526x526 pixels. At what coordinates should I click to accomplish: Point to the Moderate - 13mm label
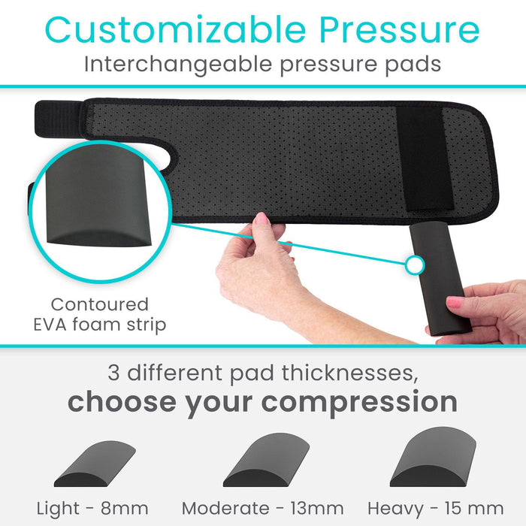(x=263, y=508)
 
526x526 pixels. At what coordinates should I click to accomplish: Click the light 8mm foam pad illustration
(x=95, y=465)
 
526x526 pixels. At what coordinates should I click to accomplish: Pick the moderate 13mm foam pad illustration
(x=266, y=461)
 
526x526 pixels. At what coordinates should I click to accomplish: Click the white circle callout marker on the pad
(x=413, y=265)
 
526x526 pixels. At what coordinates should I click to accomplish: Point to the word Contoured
(x=100, y=305)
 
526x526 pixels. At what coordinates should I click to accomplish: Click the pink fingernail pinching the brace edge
(x=261, y=220)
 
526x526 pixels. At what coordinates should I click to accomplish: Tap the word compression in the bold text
(x=360, y=401)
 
